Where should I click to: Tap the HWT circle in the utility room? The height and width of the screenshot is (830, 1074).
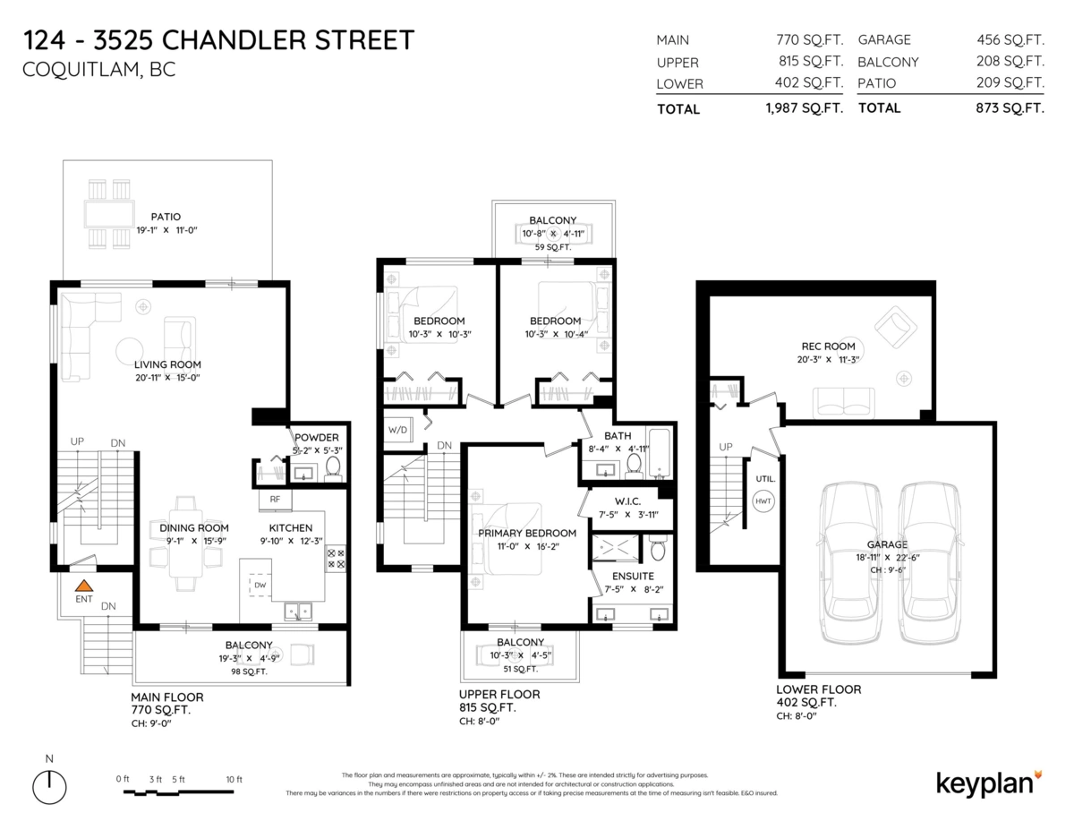[763, 502]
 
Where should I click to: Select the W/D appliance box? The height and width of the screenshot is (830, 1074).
[397, 428]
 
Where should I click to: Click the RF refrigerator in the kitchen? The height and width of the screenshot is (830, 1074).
[275, 498]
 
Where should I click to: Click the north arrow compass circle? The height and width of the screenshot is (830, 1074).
[49, 787]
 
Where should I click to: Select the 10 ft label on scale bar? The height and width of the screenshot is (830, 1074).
[234, 780]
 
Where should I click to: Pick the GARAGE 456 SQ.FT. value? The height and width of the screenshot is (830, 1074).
[1010, 39]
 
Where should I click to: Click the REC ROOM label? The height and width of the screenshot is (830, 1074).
[828, 347]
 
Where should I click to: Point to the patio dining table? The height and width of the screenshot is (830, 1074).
[108, 215]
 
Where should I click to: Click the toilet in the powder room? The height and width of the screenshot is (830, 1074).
[333, 466]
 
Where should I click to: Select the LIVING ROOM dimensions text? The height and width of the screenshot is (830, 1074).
[167, 378]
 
